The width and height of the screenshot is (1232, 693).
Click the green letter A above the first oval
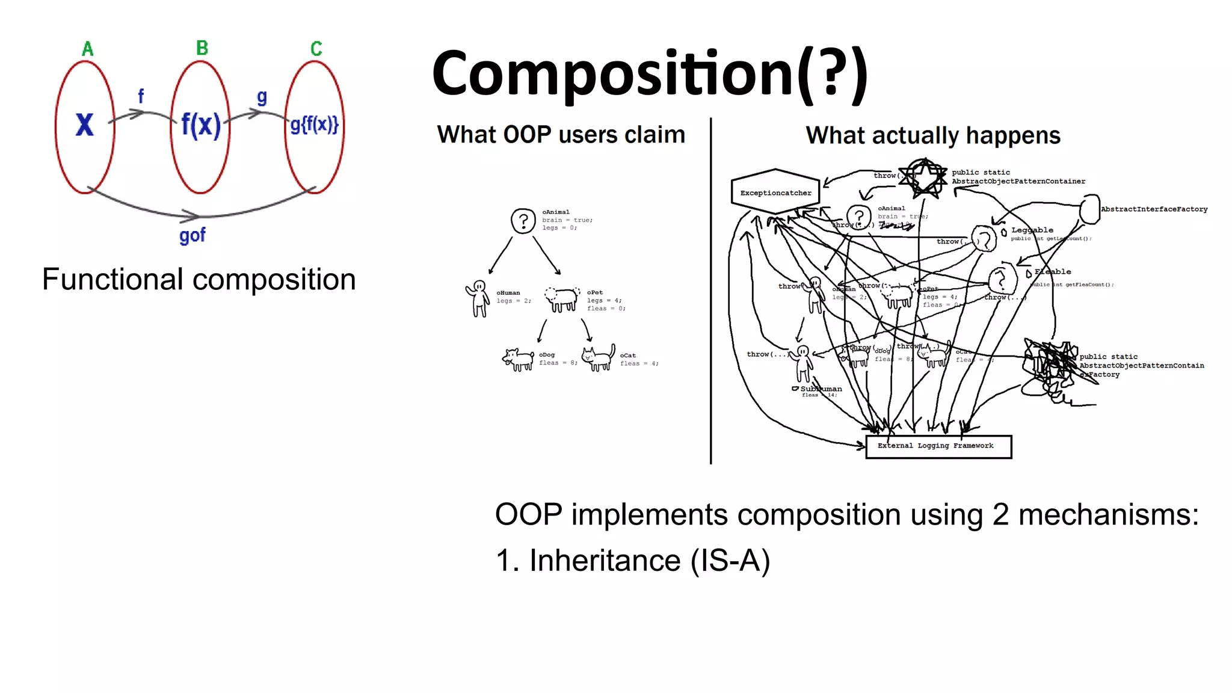(88, 49)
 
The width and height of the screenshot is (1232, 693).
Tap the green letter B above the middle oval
(202, 48)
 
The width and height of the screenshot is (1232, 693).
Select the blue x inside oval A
(85, 125)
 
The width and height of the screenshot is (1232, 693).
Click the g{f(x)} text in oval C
(315, 125)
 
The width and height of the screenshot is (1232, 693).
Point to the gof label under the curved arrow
(192, 235)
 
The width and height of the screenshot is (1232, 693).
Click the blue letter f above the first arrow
(141, 96)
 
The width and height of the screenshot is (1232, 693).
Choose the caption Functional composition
(199, 279)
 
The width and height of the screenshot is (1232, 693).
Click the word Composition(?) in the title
(650, 73)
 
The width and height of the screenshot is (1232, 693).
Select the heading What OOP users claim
(561, 135)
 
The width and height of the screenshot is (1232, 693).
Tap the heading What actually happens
(933, 135)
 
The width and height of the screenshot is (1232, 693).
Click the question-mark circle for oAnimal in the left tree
(523, 221)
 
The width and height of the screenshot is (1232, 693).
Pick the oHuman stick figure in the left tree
(479, 298)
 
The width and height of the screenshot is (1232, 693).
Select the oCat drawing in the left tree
(599, 359)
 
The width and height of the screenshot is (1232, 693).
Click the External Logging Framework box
(938, 446)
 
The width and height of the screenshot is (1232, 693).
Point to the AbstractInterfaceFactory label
(1154, 209)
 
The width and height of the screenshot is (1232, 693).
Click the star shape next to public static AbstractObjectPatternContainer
(923, 177)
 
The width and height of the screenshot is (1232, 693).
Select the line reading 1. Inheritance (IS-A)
(633, 561)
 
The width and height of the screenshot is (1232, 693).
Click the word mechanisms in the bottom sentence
(1108, 515)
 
